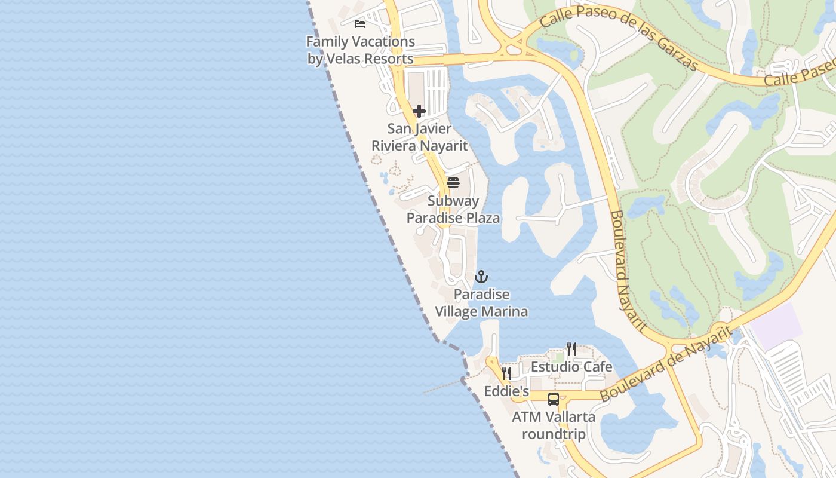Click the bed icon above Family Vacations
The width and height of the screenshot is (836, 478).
point(359,24)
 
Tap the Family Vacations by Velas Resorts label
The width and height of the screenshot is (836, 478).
point(360,50)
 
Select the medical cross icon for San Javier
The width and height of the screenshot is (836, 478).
point(419,111)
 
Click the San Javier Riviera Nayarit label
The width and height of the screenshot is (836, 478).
point(419,137)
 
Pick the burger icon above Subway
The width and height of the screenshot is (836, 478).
point(453,182)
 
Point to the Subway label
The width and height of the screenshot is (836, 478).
point(453,201)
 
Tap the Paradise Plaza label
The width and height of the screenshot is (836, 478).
point(453,217)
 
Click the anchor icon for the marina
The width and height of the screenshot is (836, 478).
point(481,277)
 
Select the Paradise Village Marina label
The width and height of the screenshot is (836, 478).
point(481,302)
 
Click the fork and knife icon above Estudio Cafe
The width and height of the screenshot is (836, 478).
point(571,349)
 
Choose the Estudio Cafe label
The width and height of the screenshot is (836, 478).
point(571,366)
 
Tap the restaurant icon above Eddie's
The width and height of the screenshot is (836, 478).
point(506,373)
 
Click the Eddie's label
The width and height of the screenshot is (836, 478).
point(506,391)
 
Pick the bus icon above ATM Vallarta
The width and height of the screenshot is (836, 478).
point(554,399)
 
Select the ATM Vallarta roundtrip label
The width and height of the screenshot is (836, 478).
point(554,425)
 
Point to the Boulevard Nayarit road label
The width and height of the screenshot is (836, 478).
point(628,270)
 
